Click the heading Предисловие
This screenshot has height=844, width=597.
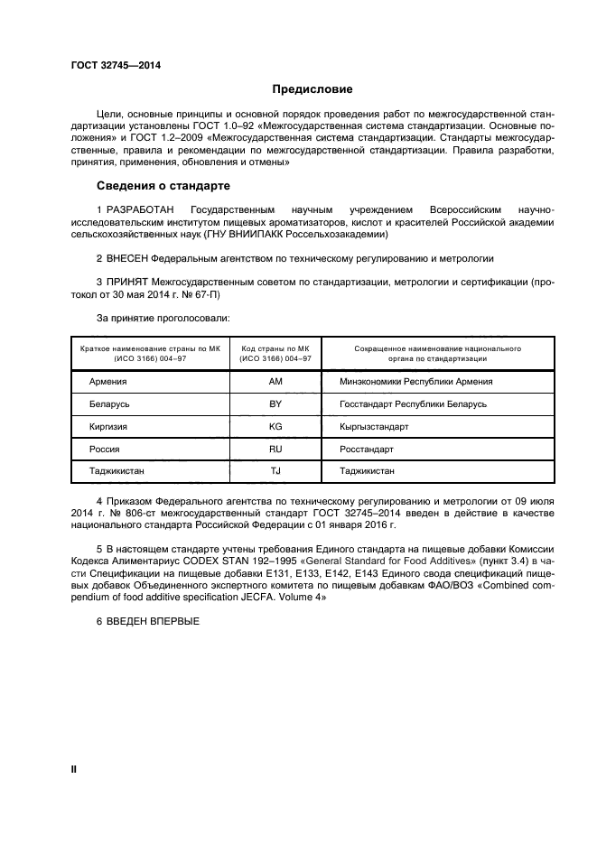coord(312,89)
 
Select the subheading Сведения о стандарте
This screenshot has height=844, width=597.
coord(163,186)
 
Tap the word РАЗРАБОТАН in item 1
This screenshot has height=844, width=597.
coord(140,209)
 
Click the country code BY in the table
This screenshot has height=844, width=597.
coord(275,404)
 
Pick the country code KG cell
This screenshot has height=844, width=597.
coord(275,426)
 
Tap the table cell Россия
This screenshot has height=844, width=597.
coord(105,449)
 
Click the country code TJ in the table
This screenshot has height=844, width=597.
coord(275,471)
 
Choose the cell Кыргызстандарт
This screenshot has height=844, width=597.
coord(374,426)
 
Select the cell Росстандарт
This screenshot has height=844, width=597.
coord(367,449)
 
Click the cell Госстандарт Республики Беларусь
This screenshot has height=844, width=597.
coord(413,404)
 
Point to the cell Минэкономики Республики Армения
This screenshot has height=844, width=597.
coord(415,382)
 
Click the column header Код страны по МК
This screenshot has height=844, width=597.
coord(275,348)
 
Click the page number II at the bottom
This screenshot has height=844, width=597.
coord(74,770)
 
